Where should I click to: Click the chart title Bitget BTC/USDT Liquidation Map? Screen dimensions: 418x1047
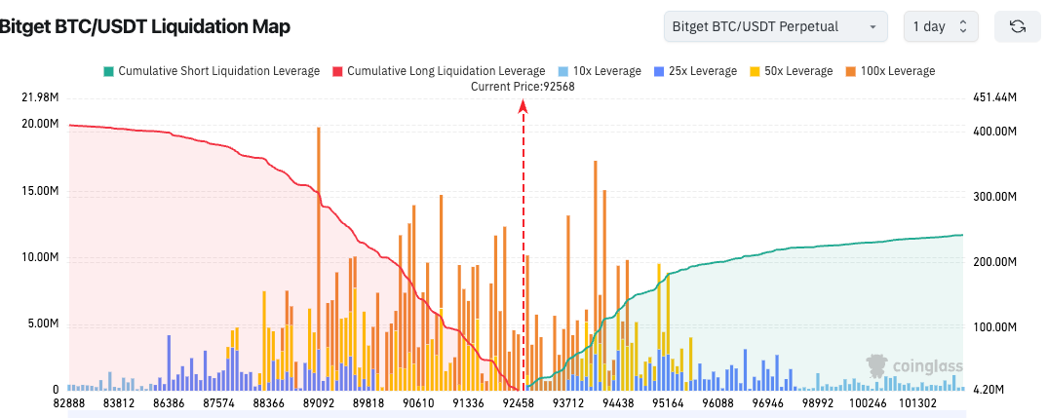click(144, 27)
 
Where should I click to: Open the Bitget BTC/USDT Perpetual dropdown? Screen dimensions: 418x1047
click(775, 26)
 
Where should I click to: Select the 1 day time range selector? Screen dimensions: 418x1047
click(940, 26)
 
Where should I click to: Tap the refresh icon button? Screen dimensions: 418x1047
click(1018, 26)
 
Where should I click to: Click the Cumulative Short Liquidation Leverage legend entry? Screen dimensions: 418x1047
click(211, 71)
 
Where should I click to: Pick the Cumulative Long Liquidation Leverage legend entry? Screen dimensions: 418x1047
click(439, 71)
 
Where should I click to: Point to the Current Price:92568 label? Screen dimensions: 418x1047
click(523, 87)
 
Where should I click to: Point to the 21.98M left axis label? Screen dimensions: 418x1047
click(39, 97)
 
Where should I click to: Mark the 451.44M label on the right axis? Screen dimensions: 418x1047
click(995, 97)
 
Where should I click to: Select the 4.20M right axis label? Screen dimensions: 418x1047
click(990, 390)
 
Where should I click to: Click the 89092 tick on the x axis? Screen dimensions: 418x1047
click(318, 402)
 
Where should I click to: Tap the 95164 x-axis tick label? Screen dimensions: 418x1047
click(668, 402)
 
